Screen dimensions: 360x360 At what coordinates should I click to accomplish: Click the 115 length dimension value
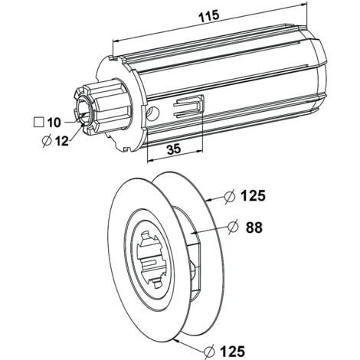pyautogui.click(x=209, y=16)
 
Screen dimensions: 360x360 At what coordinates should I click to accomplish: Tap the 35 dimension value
pyautogui.click(x=174, y=149)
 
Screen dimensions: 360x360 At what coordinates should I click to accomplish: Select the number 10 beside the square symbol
pyautogui.click(x=54, y=123)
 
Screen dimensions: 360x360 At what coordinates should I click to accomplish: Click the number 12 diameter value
pyautogui.click(x=62, y=141)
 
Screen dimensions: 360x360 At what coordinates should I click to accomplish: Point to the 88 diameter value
pyautogui.click(x=254, y=227)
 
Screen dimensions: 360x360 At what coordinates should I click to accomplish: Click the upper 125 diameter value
pyautogui.click(x=254, y=196)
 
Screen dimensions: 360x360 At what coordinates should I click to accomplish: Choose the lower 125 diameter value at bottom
pyautogui.click(x=232, y=351)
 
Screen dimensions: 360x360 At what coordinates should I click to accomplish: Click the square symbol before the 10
pyautogui.click(x=39, y=123)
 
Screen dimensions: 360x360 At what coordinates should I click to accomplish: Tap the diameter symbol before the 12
pyautogui.click(x=47, y=141)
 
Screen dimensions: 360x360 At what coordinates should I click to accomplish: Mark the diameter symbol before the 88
pyautogui.click(x=233, y=227)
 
